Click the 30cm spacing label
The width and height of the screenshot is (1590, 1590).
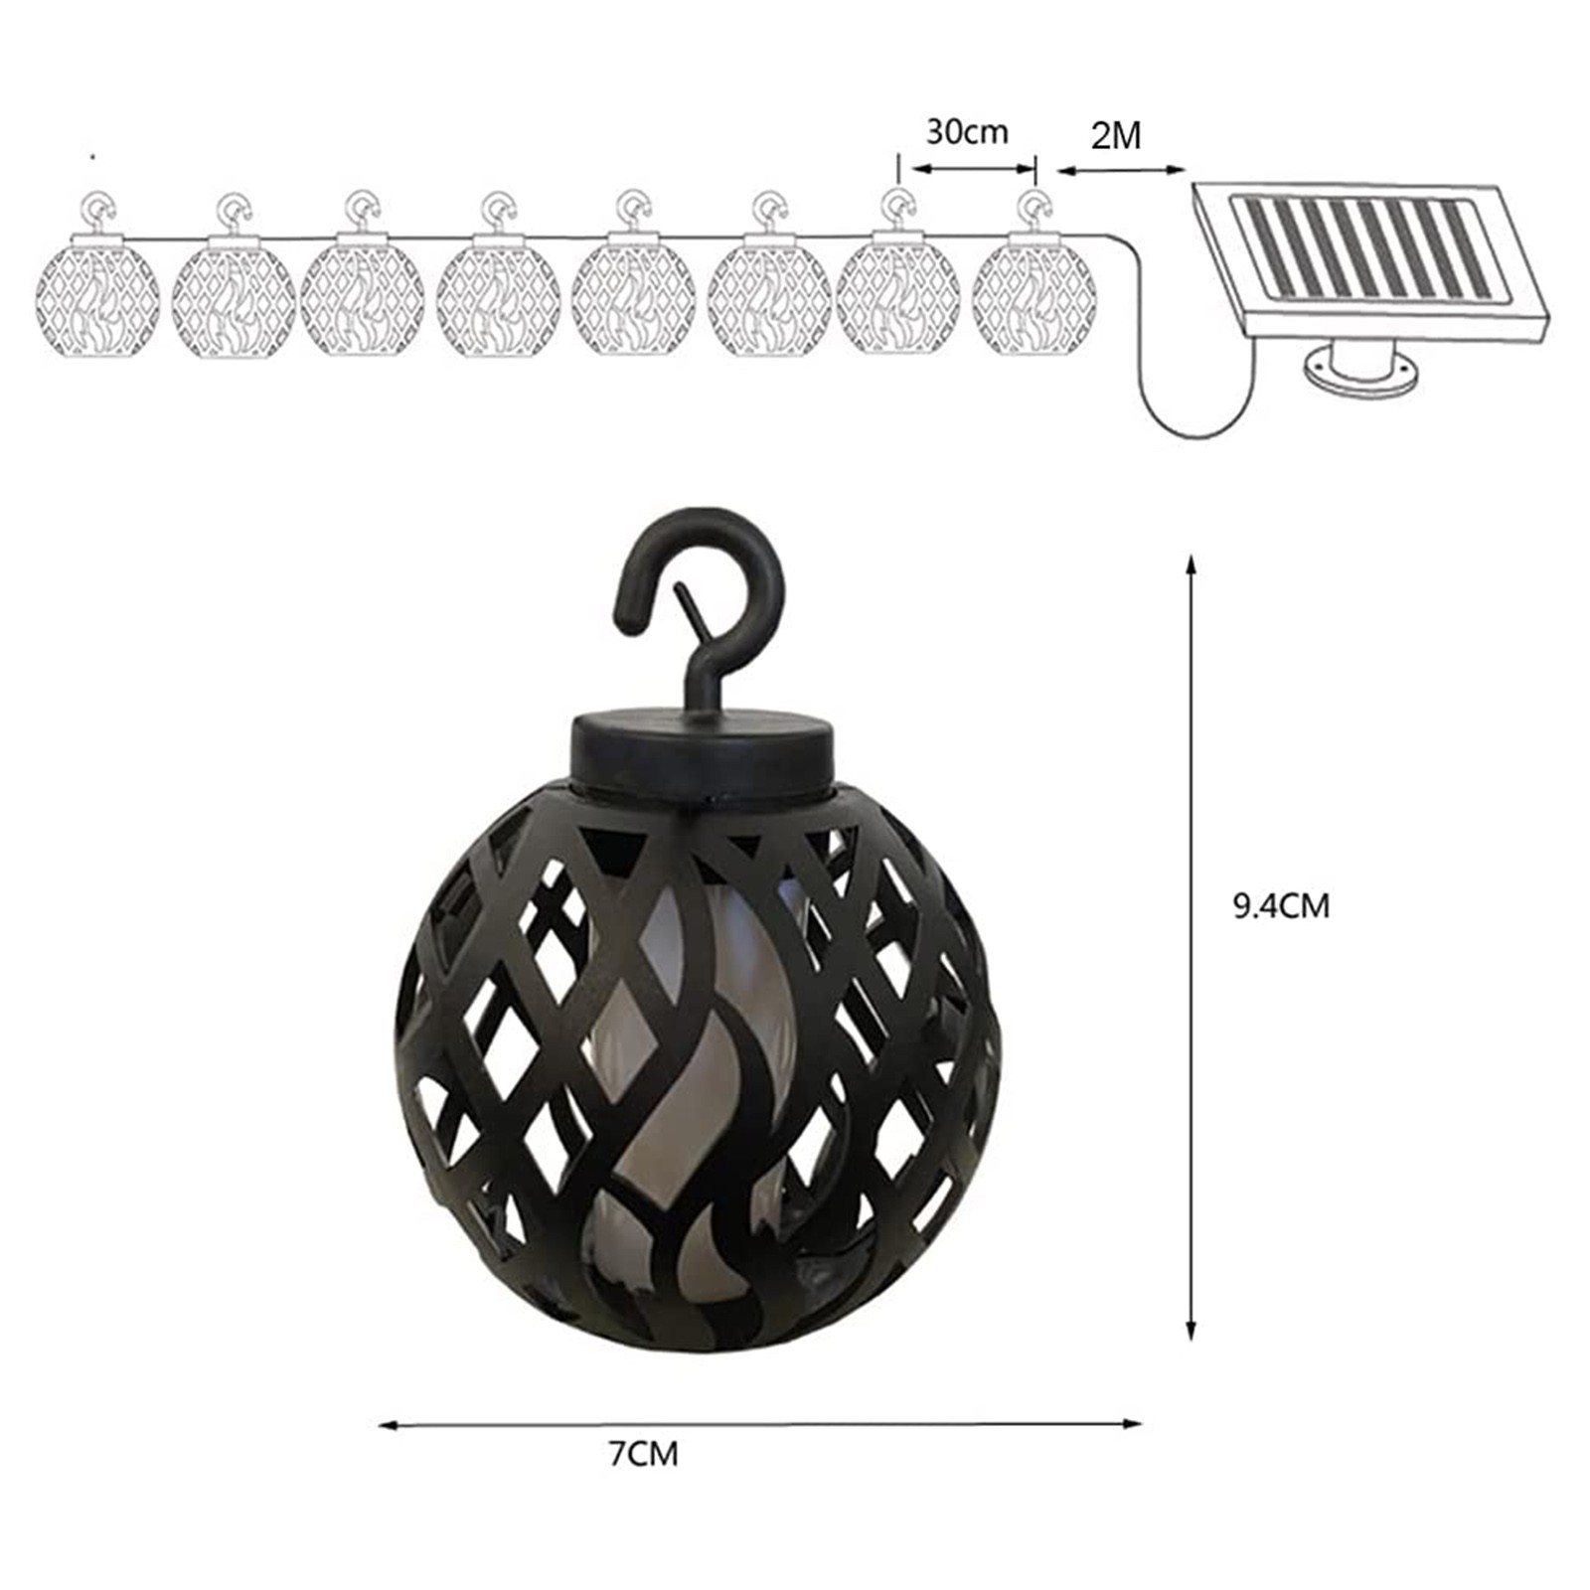pyautogui.click(x=967, y=132)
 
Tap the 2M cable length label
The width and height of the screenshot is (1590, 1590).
pyautogui.click(x=1115, y=135)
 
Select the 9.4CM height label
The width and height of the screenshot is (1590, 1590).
pyautogui.click(x=1281, y=905)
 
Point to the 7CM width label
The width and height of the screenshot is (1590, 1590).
pyautogui.click(x=644, y=1454)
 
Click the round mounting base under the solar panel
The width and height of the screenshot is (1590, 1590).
pyautogui.click(x=1362, y=375)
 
